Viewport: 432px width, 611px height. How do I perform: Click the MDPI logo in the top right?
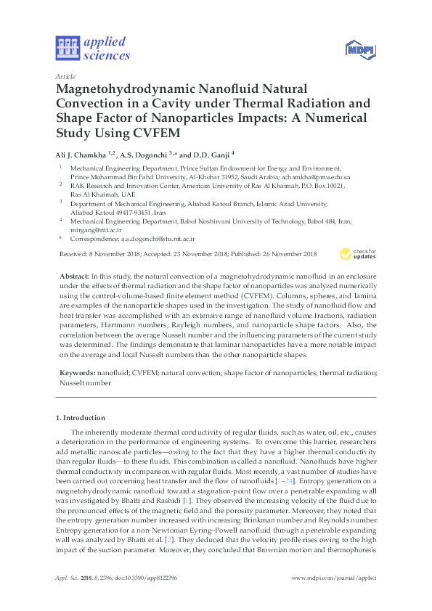[360, 49]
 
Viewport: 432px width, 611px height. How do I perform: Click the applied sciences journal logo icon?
[68, 49]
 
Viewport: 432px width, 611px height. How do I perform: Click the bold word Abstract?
[73, 276]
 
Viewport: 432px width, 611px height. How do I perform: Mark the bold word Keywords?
[77, 372]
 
